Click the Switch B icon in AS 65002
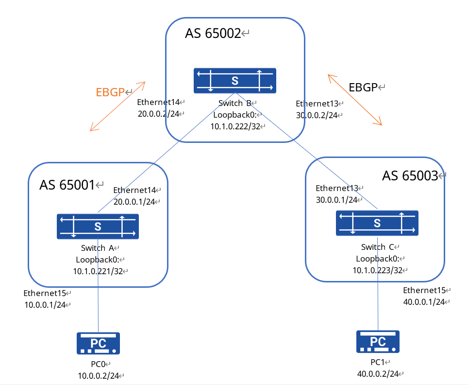(x=234, y=81)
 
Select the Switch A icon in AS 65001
(x=98, y=226)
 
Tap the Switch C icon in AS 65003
(x=377, y=223)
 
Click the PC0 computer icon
(x=98, y=343)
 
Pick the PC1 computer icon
(x=378, y=341)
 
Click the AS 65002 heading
(x=213, y=34)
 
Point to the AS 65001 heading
(x=67, y=185)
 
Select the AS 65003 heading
(x=410, y=176)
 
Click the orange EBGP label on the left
(x=110, y=92)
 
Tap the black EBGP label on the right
(x=363, y=87)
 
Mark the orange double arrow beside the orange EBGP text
(x=117, y=106)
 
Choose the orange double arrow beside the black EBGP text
(x=355, y=100)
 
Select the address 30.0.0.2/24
(x=317, y=115)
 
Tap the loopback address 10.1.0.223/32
(x=376, y=270)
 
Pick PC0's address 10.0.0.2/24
(x=98, y=376)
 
